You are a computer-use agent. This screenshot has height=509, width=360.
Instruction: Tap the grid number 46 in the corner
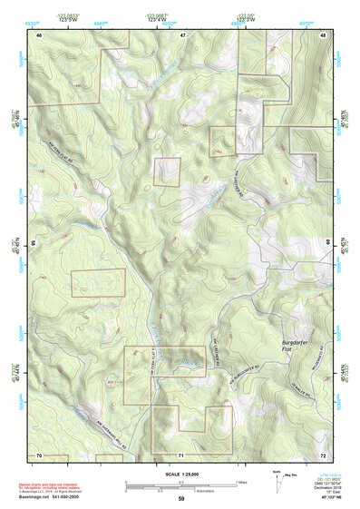(x=39, y=34)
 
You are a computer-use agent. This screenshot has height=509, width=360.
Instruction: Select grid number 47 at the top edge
(x=181, y=34)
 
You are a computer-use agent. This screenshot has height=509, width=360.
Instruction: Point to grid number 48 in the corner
(x=323, y=34)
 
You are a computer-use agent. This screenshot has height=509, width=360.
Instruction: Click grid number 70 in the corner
(x=39, y=454)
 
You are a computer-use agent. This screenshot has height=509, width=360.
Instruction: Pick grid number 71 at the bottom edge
(x=181, y=454)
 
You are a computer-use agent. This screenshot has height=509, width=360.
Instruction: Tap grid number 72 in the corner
(x=323, y=454)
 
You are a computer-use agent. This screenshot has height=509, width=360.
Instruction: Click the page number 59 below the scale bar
(x=181, y=499)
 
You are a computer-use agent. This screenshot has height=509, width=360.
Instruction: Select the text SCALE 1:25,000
(x=181, y=474)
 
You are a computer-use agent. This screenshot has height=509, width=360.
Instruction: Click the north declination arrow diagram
(x=279, y=480)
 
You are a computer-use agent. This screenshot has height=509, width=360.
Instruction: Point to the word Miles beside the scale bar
(x=241, y=481)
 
